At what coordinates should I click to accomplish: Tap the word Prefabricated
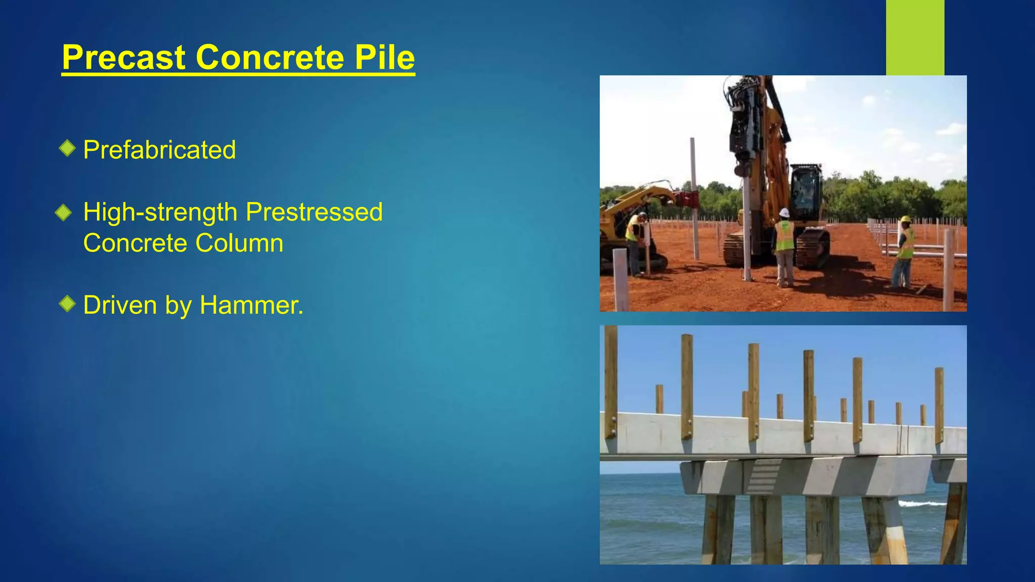[159, 150]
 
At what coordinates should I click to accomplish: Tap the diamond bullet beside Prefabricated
[67, 149]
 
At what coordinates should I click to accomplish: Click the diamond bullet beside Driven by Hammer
[67, 304]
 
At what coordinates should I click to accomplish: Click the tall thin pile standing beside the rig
[694, 197]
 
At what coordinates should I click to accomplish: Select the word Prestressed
[314, 212]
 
